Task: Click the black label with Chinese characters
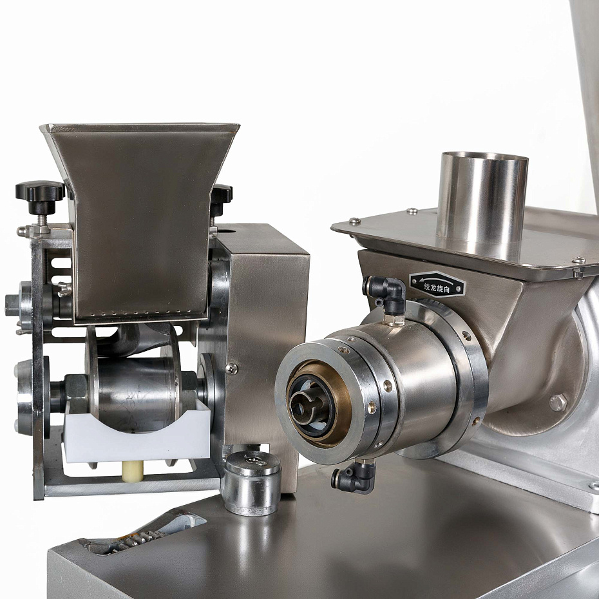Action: click(437, 284)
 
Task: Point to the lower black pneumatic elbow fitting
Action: click(354, 477)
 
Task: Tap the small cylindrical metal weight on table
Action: click(252, 482)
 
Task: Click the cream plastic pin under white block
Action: click(133, 471)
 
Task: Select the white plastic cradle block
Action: click(138, 435)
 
